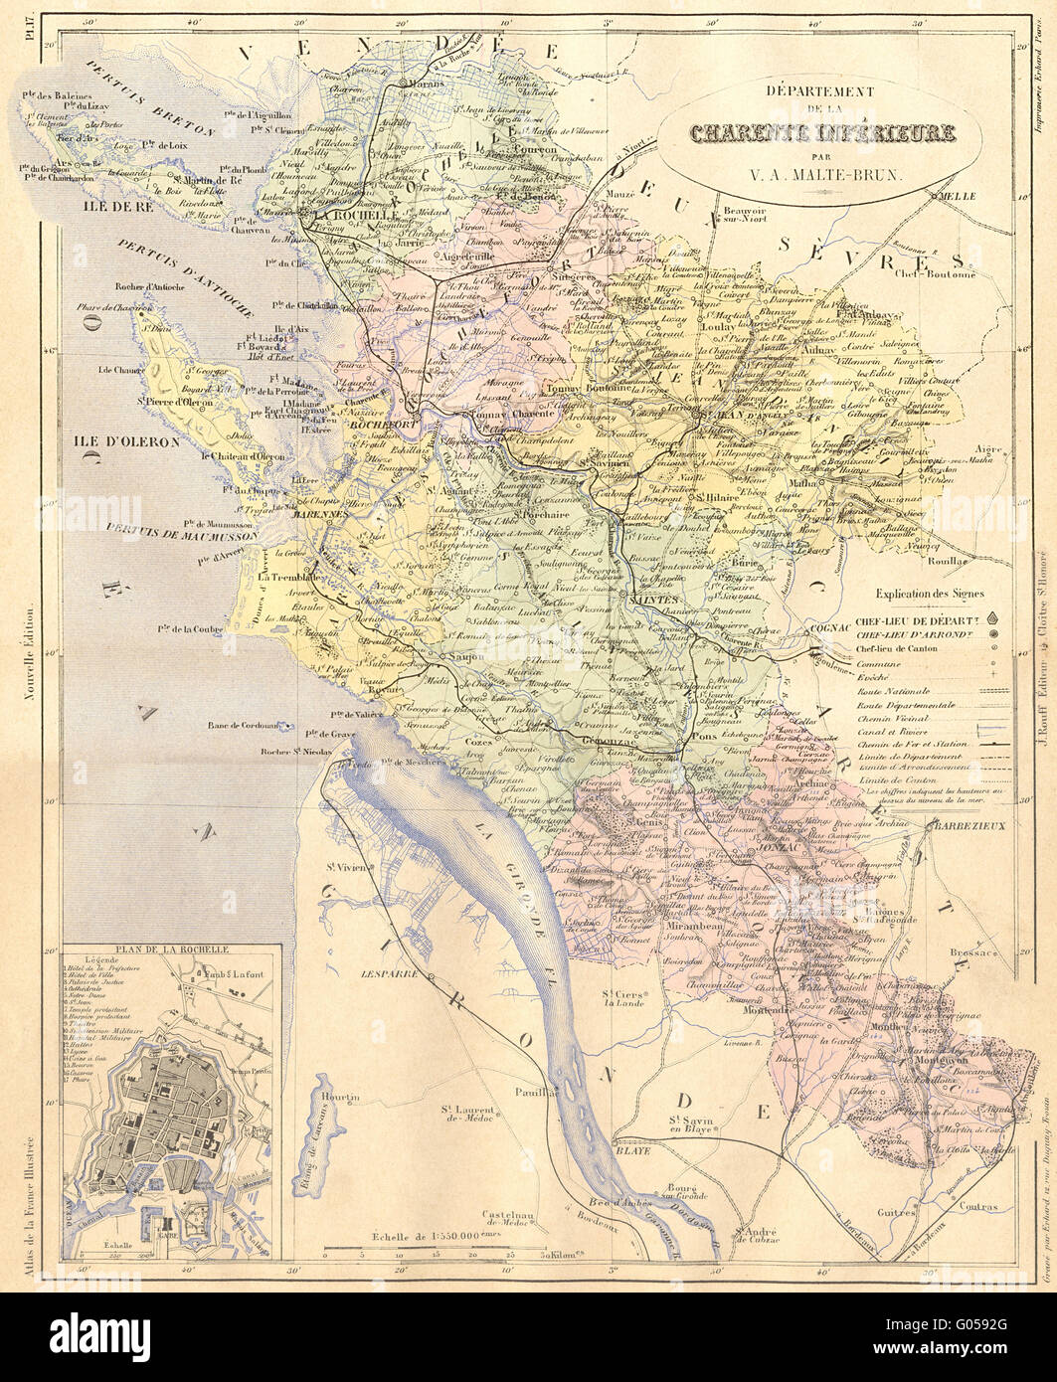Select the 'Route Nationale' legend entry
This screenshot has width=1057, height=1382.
(x=891, y=690)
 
